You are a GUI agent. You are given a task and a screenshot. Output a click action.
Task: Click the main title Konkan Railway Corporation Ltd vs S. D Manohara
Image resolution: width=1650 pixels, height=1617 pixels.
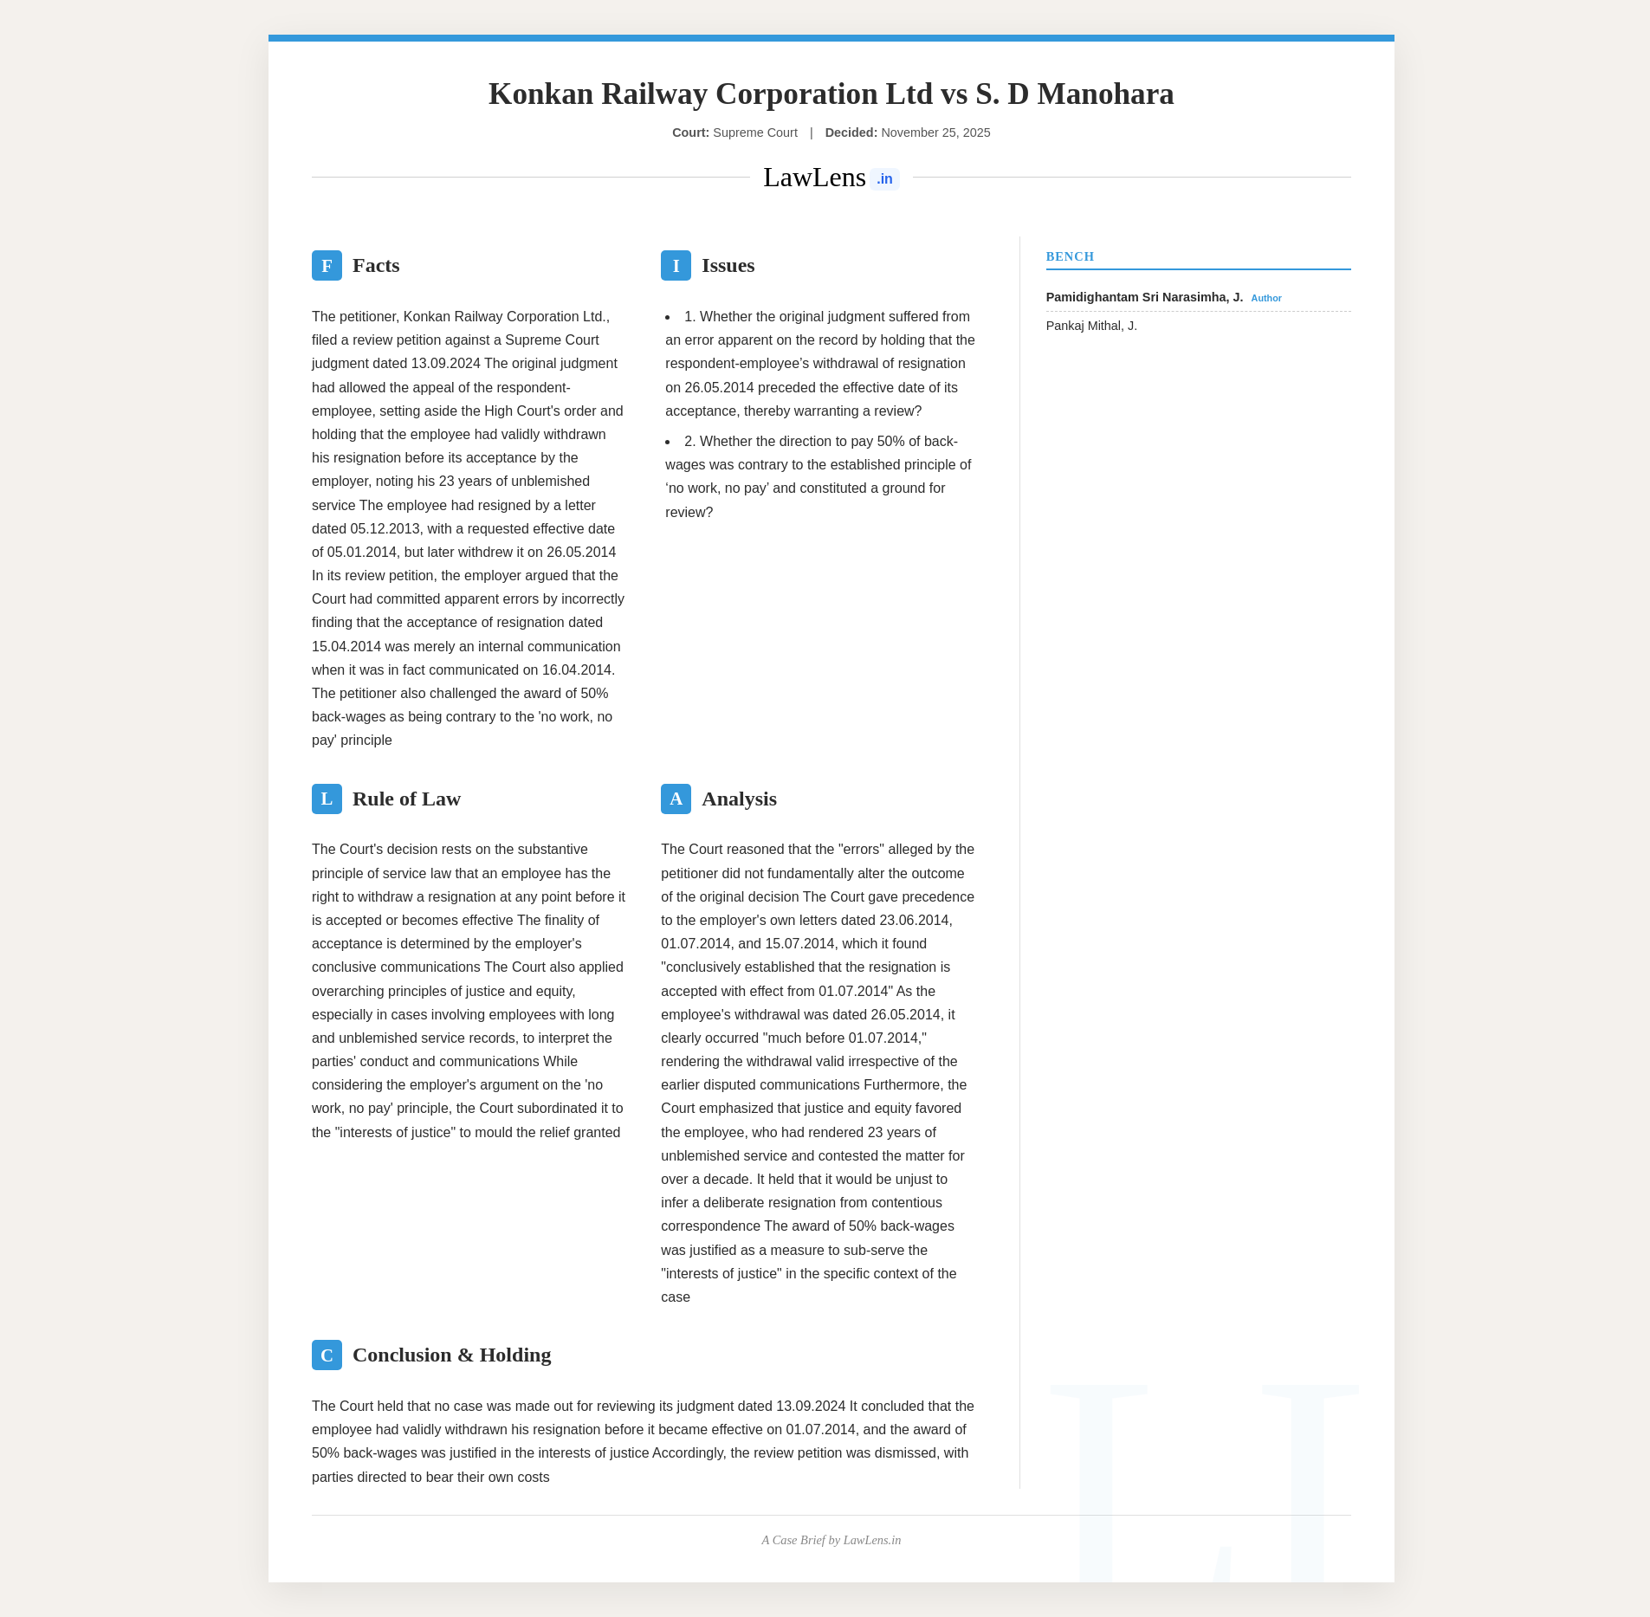pyautogui.click(x=831, y=94)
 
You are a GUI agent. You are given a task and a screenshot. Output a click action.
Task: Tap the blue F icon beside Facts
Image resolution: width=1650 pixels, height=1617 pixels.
pyautogui.click(x=327, y=265)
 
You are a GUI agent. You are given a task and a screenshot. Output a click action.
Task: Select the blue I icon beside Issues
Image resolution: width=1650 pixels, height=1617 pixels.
pyautogui.click(x=676, y=265)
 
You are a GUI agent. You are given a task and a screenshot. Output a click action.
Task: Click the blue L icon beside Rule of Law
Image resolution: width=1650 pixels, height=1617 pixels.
pyautogui.click(x=327, y=799)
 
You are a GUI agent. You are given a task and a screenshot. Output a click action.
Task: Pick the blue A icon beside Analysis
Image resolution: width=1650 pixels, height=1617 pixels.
pyautogui.click(x=676, y=799)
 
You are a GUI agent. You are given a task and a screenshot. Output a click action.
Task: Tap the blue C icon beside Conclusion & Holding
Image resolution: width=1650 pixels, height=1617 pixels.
pyautogui.click(x=327, y=1355)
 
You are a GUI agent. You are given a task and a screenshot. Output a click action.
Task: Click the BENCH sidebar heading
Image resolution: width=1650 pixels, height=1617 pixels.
pyautogui.click(x=1070, y=256)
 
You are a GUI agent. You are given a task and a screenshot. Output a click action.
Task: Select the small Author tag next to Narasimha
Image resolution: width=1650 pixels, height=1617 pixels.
pyautogui.click(x=1265, y=298)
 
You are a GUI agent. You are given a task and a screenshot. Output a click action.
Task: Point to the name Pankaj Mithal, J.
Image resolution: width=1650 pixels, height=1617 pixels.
pyautogui.click(x=1091, y=326)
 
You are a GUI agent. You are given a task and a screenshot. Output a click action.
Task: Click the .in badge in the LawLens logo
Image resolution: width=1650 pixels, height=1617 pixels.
pyautogui.click(x=884, y=179)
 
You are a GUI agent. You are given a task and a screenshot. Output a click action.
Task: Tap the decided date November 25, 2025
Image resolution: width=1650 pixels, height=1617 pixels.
pyautogui.click(x=935, y=133)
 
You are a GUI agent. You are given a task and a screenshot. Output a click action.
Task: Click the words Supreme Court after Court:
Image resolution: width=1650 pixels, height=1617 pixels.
pyautogui.click(x=754, y=133)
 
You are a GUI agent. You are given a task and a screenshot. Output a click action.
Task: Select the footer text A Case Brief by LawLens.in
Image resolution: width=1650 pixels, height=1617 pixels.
pyautogui.click(x=831, y=1540)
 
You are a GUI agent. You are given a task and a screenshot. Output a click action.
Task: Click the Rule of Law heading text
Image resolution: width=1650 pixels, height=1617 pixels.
pyautogui.click(x=406, y=799)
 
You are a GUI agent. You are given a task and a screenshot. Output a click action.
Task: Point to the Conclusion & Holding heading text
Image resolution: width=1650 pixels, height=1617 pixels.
pyautogui.click(x=451, y=1355)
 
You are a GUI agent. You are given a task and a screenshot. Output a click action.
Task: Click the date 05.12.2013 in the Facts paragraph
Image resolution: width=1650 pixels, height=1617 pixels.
pyautogui.click(x=384, y=528)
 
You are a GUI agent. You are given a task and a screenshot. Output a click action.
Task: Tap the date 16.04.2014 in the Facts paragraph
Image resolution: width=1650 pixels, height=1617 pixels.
pyautogui.click(x=577, y=669)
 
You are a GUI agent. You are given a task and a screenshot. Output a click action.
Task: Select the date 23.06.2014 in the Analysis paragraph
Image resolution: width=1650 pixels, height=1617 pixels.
pyautogui.click(x=915, y=920)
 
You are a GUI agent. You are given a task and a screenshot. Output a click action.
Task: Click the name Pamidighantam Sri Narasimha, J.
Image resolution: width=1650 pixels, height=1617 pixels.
pyautogui.click(x=1144, y=297)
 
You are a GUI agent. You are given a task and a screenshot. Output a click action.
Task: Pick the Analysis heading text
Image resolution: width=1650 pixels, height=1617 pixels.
pyautogui.click(x=739, y=799)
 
